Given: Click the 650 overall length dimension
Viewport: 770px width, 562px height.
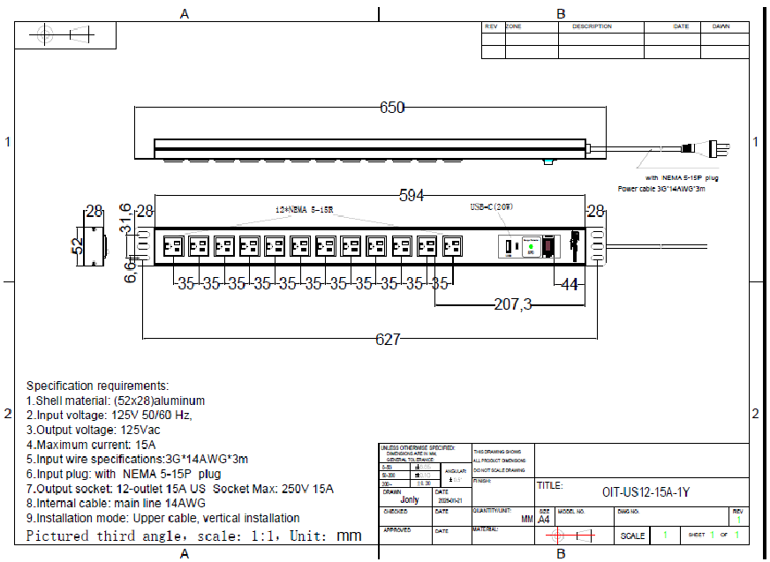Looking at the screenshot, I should pos(391,108).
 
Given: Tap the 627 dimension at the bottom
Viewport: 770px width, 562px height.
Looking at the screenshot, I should pos(388,339).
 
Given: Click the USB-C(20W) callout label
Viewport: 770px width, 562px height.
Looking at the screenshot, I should pos(491,207).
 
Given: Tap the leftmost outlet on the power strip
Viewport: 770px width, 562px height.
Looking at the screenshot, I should pos(173,247).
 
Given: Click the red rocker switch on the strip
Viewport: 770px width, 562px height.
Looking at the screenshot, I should pos(548,247).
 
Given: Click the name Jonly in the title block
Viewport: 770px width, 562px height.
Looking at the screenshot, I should pos(410,500).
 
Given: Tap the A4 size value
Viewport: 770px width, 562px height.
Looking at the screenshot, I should pos(544,520).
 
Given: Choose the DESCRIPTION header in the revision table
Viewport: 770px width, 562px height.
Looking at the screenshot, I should pos(591,26).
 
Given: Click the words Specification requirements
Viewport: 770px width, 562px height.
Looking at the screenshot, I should pos(96,386).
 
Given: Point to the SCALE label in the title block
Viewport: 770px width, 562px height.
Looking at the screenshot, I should pos(632,536).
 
